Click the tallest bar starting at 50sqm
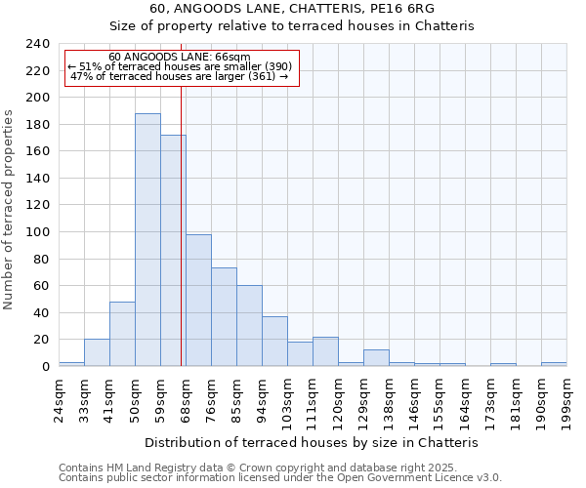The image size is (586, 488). (147, 240)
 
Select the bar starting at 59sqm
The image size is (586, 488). (173, 251)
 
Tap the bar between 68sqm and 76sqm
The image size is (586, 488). (198, 301)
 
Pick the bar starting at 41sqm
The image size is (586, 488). (122, 334)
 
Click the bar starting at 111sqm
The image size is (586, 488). (325, 351)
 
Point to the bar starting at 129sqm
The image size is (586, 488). (376, 357)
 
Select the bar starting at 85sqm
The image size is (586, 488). (249, 326)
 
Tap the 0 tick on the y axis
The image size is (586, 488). (45, 367)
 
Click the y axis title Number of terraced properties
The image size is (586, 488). (9, 210)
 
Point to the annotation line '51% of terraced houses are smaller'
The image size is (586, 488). (181, 66)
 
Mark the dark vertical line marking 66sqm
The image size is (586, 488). (182, 224)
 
